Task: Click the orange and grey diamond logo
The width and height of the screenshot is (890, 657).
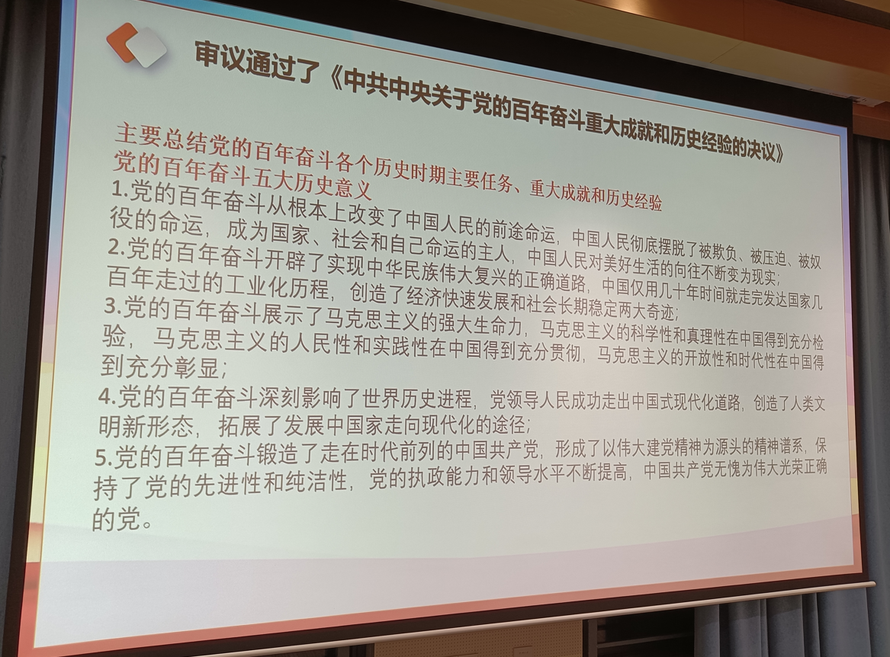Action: click(x=137, y=44)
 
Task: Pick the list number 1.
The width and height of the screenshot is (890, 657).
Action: click(x=119, y=190)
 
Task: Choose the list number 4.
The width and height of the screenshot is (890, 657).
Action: click(x=108, y=397)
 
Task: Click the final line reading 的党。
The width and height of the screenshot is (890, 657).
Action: click(x=123, y=519)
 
